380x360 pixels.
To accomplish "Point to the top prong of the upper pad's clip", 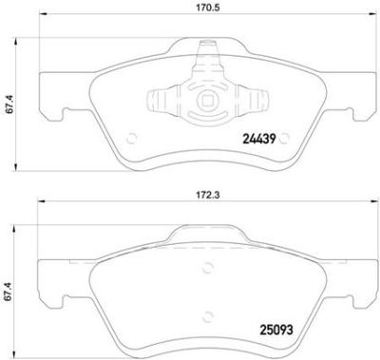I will pos(200,66).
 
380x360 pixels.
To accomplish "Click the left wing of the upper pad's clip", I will pos(161,98).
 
